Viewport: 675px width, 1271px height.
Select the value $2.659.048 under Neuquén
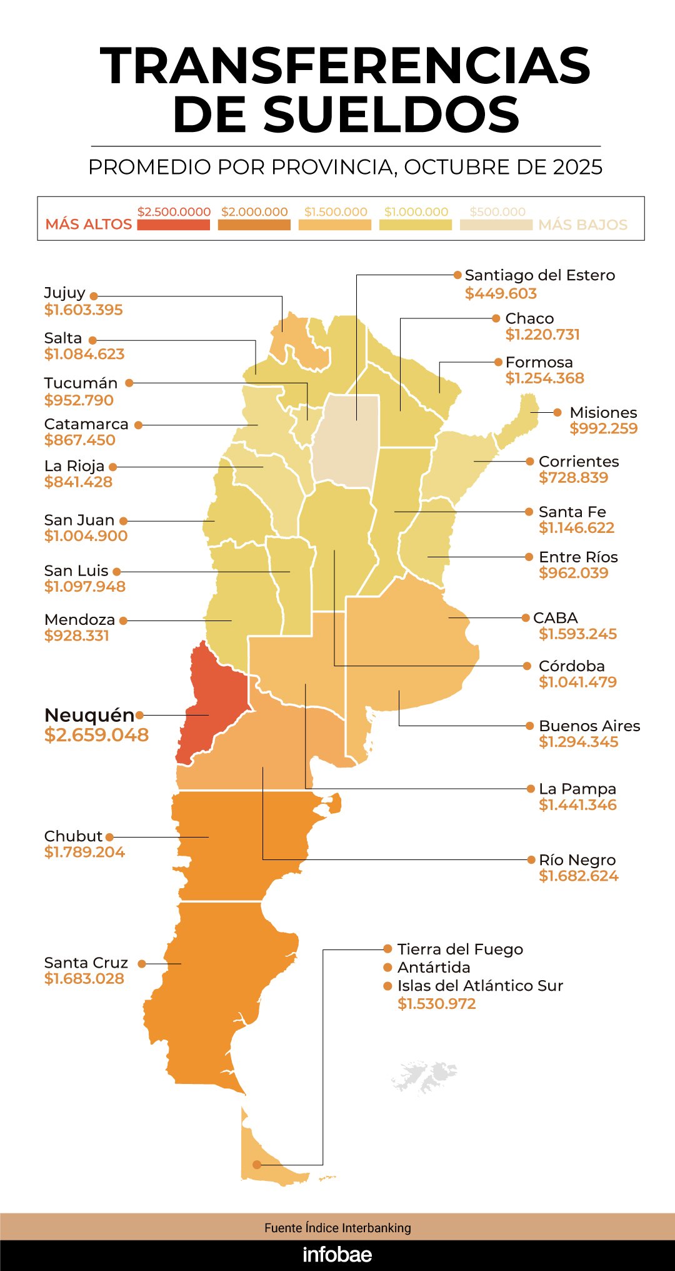tap(96, 735)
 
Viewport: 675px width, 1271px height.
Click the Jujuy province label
tap(64, 293)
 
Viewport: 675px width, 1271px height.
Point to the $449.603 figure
tap(501, 293)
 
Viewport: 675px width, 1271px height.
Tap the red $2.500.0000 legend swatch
tap(173, 225)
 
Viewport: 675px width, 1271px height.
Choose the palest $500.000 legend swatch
tap(496, 225)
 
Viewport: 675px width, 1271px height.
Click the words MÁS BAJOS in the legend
tap(582, 225)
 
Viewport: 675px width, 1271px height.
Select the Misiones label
tap(603, 413)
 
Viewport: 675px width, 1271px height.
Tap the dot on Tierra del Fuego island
tap(257, 1165)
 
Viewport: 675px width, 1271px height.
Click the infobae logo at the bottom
tap(337, 1255)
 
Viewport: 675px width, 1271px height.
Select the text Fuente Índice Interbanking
tap(337, 1228)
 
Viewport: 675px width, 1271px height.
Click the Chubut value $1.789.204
tap(84, 852)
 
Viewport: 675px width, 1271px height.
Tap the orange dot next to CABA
tap(526, 618)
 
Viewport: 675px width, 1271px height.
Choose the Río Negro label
tap(577, 860)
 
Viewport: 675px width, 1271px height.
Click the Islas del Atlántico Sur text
tap(480, 986)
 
